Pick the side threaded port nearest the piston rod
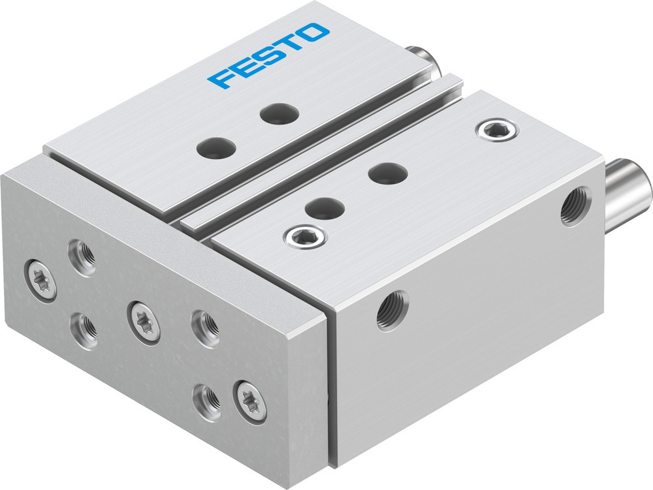pos(575,206)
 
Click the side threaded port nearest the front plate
pos(392,309)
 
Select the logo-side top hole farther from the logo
pos(215,147)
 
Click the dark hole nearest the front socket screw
pos(325,208)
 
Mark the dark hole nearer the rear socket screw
pos(388,173)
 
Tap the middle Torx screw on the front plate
pos(144,322)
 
